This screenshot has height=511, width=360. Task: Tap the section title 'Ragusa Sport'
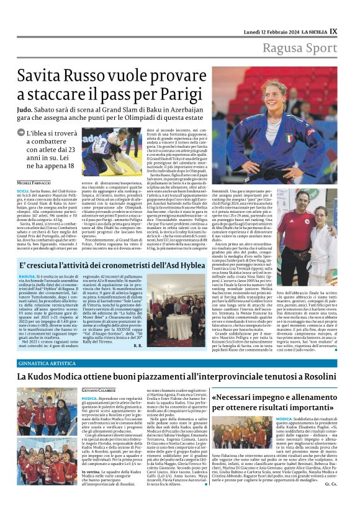coord(300,48)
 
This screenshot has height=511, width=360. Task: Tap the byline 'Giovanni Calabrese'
coord(100,389)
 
